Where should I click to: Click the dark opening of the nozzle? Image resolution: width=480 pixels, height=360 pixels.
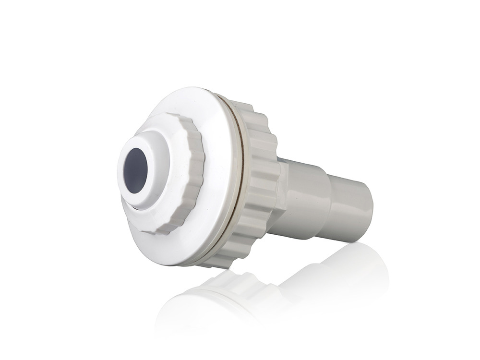tap(136, 170)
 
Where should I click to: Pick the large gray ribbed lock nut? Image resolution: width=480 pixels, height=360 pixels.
tap(262, 182)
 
